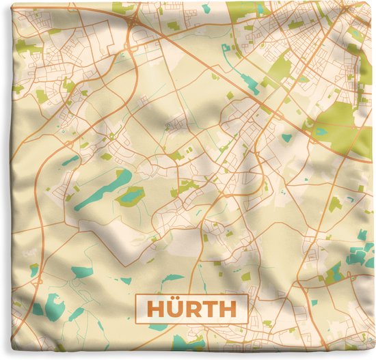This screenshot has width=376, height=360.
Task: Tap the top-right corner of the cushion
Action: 373,3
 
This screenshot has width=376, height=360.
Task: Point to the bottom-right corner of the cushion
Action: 373,356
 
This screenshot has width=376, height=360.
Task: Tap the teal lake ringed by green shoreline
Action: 131,197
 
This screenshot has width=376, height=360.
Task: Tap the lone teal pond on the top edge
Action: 206,8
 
